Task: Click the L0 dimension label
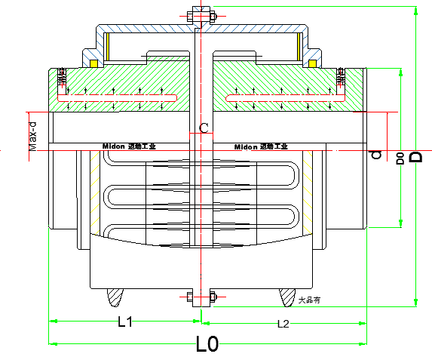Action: pos(207,346)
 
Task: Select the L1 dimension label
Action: pos(125,322)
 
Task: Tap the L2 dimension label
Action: pos(283,325)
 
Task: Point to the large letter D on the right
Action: pos(415,156)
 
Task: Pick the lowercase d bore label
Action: pos(376,155)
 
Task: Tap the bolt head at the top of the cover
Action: pos(201,15)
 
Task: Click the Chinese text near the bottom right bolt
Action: pos(309,300)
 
